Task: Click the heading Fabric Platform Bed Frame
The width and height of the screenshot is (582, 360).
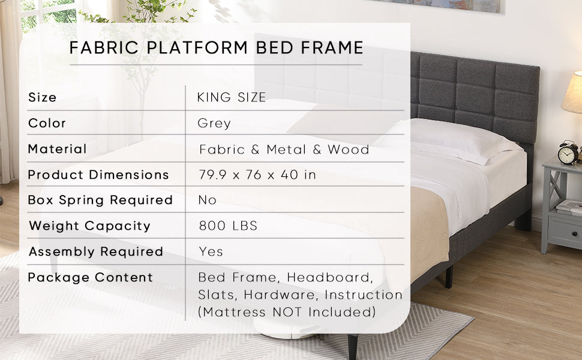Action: click(216, 48)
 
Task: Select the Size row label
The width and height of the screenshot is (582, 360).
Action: click(43, 97)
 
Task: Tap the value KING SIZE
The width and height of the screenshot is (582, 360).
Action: click(232, 98)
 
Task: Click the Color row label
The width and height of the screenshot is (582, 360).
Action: click(47, 123)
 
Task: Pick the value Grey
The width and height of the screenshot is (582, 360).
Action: click(214, 124)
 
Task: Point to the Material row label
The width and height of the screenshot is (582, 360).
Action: click(58, 149)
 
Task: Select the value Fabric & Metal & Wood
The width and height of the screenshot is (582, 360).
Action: click(284, 149)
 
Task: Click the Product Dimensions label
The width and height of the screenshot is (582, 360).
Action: click(98, 175)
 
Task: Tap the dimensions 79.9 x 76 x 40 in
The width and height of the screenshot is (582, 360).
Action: click(257, 175)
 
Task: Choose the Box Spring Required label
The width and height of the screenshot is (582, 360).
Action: click(100, 200)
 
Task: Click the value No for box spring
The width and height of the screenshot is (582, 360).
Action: click(207, 200)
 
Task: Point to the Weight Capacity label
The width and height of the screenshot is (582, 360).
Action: click(89, 226)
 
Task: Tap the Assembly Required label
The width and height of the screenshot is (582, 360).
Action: click(96, 251)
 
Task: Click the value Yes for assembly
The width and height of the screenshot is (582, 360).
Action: click(211, 251)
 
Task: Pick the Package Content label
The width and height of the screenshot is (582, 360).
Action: click(91, 277)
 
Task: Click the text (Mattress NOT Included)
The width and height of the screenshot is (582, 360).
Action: click(287, 312)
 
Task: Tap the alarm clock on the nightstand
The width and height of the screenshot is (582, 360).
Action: click(568, 153)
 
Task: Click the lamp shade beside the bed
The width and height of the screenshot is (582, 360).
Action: click(573, 93)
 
